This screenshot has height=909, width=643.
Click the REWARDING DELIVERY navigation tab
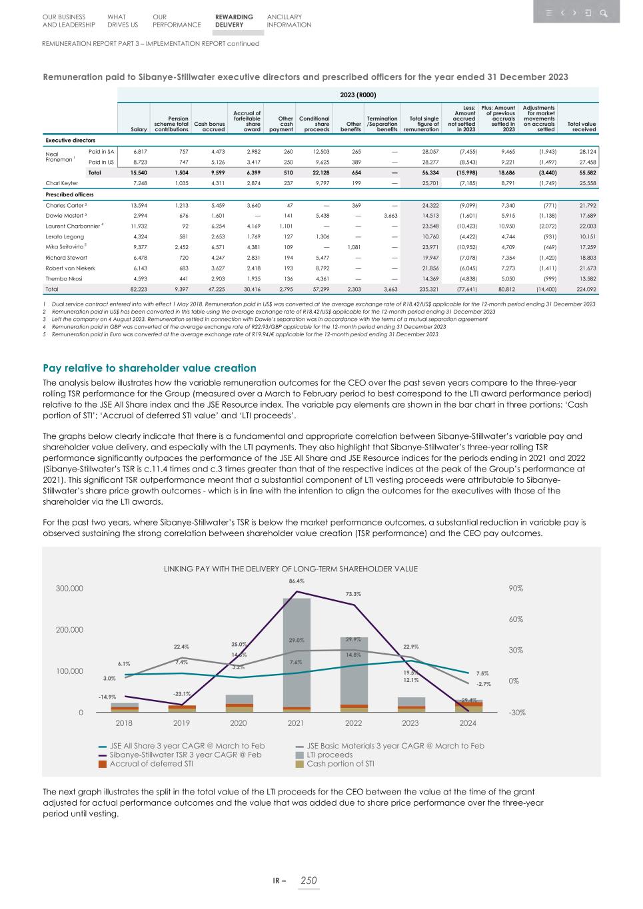234,21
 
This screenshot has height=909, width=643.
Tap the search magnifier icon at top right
603,13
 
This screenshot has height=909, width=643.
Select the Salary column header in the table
139,129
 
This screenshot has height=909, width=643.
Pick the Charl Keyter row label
62,182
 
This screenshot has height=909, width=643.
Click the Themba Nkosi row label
64,279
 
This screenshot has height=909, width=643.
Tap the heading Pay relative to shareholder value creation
149,368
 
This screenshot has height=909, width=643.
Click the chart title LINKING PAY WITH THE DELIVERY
291,569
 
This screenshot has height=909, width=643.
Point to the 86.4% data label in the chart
297,581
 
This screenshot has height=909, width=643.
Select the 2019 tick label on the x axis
181,723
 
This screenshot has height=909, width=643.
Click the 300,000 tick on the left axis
69,589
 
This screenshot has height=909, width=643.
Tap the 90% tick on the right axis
516,589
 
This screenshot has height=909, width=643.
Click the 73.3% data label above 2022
353,594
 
